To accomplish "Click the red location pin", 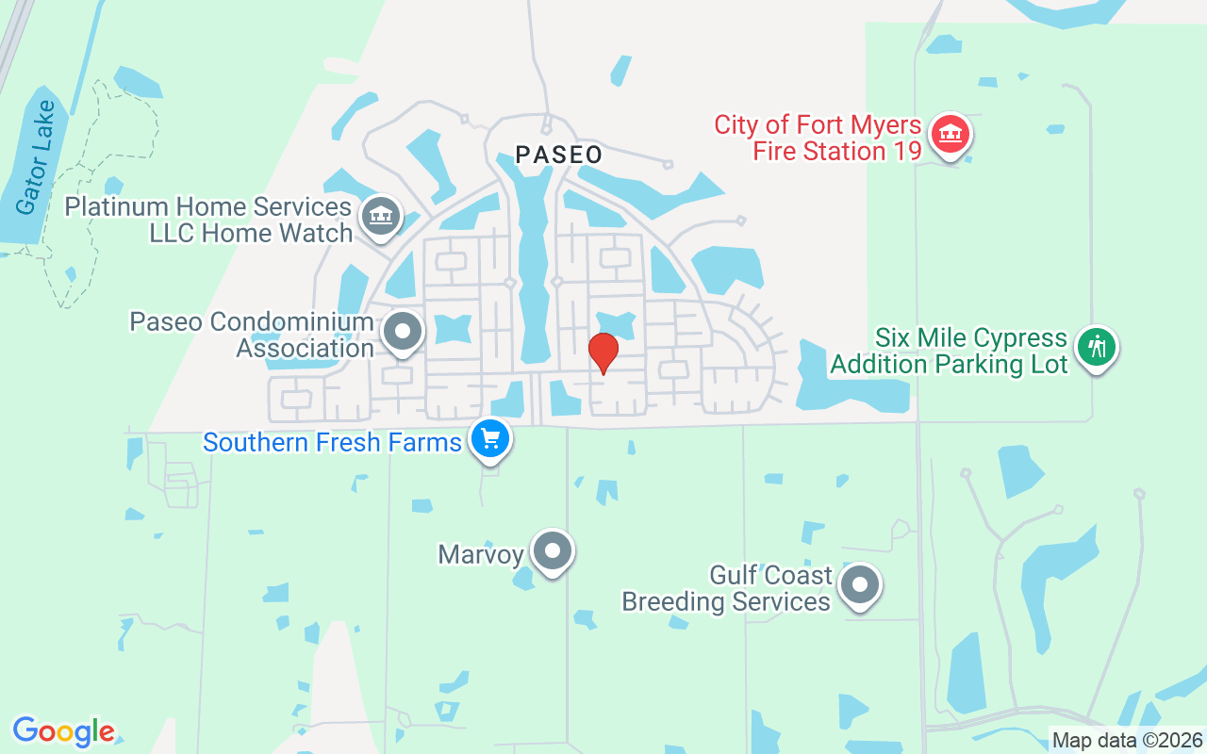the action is [603, 352].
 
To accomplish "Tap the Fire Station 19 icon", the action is [951, 135].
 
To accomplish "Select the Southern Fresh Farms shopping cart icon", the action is [489, 439].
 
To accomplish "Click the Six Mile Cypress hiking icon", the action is [1096, 347].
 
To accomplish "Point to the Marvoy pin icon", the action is [553, 550].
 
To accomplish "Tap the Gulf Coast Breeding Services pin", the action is [859, 585].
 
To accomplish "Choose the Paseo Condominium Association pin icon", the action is [404, 332].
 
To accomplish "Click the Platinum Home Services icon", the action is [381, 216].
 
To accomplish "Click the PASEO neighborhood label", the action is [558, 155].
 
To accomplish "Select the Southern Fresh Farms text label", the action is [332, 442].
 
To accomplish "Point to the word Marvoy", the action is [480, 554].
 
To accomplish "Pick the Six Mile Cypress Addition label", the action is [949, 351].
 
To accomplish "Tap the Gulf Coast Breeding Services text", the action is [726, 588].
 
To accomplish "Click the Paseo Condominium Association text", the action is [252, 335].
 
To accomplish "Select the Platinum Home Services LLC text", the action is [207, 220].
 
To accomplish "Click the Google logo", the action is [63, 730].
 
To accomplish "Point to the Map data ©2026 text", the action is [1127, 740].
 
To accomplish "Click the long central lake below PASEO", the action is [533, 273].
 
